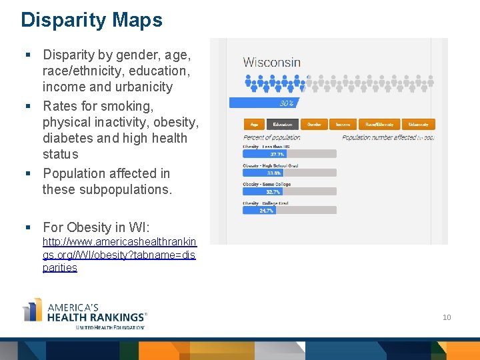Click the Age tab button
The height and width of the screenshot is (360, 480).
pyautogui.click(x=254, y=124)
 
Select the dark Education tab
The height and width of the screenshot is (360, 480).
pyautogui.click(x=283, y=124)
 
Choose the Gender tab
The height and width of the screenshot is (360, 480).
pyautogui.click(x=314, y=124)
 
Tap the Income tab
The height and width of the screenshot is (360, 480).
pyautogui.click(x=343, y=124)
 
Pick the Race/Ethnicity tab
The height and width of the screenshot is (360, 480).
pyautogui.click(x=379, y=124)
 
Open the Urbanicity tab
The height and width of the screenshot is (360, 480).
pyautogui.click(x=418, y=124)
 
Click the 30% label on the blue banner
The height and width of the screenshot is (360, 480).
pyautogui.click(x=287, y=103)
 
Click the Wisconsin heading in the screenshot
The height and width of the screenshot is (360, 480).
pyautogui.click(x=271, y=63)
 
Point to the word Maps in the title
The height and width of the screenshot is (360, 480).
pyautogui.click(x=137, y=20)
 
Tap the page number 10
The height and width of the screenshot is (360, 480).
pyautogui.click(x=447, y=317)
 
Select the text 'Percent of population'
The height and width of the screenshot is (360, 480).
pyautogui.click(x=271, y=137)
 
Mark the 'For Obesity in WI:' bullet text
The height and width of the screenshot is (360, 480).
pyautogui.click(x=96, y=227)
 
